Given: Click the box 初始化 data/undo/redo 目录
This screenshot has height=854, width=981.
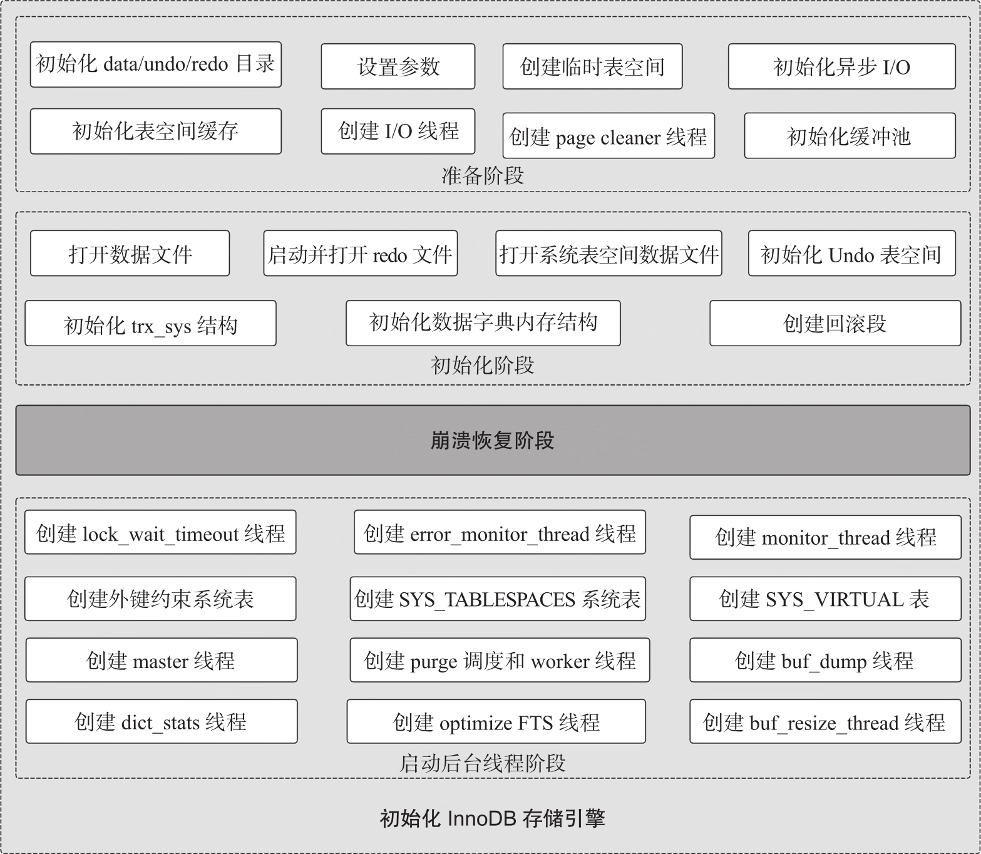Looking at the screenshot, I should point(155,64).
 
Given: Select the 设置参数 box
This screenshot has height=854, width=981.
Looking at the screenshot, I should point(398,66).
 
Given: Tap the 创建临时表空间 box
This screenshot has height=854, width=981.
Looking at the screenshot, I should point(592,66).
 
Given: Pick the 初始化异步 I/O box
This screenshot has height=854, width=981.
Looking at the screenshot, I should point(841,66).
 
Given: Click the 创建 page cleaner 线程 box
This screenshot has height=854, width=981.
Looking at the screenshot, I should point(608,136).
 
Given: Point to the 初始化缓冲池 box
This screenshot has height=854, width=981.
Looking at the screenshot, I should point(849,136).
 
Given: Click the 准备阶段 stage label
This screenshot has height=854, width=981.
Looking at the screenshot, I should point(482,176).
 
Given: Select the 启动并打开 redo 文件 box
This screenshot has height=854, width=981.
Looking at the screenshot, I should point(360,254).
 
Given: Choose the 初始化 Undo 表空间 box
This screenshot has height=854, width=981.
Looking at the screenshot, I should point(851,254).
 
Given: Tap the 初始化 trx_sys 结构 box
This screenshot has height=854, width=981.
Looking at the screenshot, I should point(150,324).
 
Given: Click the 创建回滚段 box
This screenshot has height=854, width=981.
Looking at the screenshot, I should point(835,323).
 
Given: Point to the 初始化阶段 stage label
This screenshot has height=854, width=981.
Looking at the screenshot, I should point(482,366).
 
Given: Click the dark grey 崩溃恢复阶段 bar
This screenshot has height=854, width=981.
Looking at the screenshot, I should point(492,440).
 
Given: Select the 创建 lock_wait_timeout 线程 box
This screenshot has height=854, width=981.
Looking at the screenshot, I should point(160,533).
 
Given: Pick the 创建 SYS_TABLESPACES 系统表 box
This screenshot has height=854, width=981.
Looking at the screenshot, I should point(497,599).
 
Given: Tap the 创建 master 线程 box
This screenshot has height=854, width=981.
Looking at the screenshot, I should point(161,661).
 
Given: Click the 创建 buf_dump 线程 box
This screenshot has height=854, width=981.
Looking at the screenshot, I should point(824,661).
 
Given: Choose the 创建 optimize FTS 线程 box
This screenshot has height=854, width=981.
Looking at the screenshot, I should point(496,722).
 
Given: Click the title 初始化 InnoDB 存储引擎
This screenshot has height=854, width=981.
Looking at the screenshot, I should point(492,818).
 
